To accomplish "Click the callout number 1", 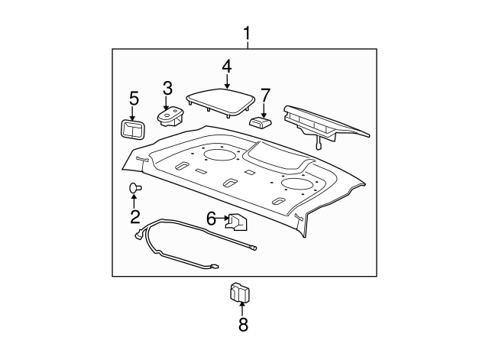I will tap(247, 34).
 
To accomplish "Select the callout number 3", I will tap(167, 89).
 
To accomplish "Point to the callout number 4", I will tap(226, 66).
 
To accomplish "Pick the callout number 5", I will tap(134, 99).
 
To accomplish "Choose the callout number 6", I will tap(211, 219).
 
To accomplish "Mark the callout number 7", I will tap(265, 96).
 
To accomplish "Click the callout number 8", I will tap(243, 324).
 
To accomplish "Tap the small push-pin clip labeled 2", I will tap(134, 187).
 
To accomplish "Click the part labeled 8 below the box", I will tap(241, 292).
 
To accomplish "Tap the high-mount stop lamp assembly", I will tap(325, 123).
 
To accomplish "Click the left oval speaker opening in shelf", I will tap(219, 156).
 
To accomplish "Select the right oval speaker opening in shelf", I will tap(296, 184).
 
